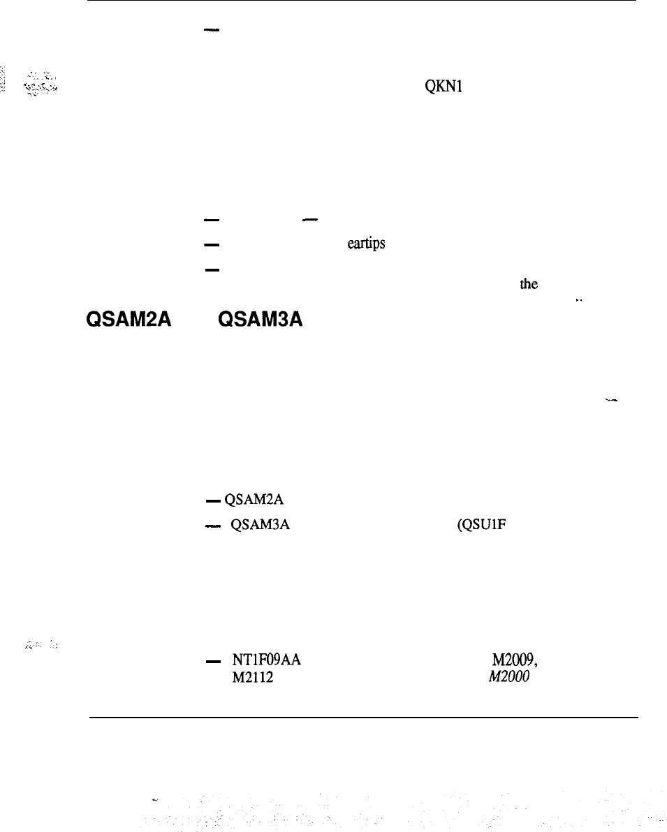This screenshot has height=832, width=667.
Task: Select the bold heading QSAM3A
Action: point(260,319)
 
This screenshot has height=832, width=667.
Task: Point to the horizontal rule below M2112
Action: point(363,717)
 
